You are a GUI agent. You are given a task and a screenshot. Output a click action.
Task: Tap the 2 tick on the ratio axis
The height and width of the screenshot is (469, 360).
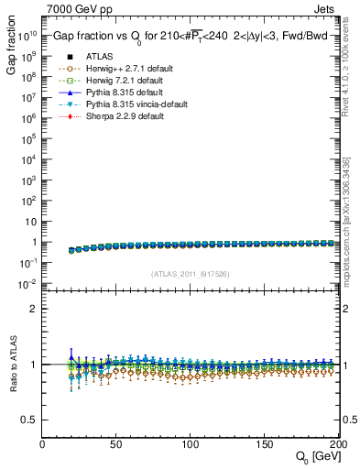point(34,309)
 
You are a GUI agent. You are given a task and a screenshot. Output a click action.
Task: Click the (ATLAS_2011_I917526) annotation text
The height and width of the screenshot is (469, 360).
point(190,274)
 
